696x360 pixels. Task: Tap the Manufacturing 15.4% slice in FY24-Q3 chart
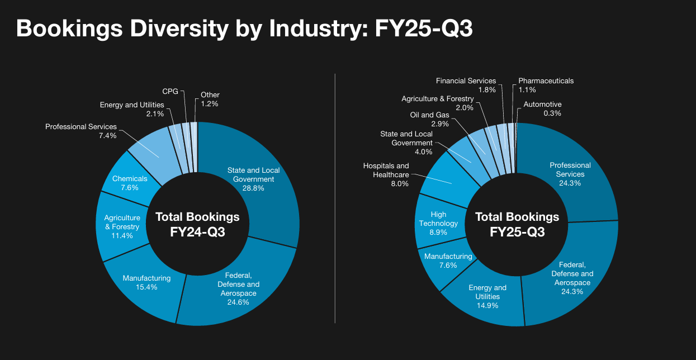tap(146, 282)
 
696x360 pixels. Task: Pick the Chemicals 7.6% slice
tap(130, 183)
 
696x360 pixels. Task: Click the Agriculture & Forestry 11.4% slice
tap(122, 226)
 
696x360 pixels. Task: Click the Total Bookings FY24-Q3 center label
tap(197, 224)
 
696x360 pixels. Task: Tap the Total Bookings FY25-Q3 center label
tap(517, 224)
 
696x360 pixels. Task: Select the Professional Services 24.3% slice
tap(570, 174)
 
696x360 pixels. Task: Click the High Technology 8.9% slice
tap(439, 223)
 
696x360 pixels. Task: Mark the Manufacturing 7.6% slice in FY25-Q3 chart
tap(448, 260)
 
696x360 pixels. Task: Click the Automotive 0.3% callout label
tap(542, 108)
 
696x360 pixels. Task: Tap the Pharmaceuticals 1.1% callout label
tap(546, 85)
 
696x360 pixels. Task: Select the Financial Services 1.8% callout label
tap(466, 85)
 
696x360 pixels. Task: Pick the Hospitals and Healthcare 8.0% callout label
tap(386, 174)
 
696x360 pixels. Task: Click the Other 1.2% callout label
tap(210, 99)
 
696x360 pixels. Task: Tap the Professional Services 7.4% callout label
tap(81, 131)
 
